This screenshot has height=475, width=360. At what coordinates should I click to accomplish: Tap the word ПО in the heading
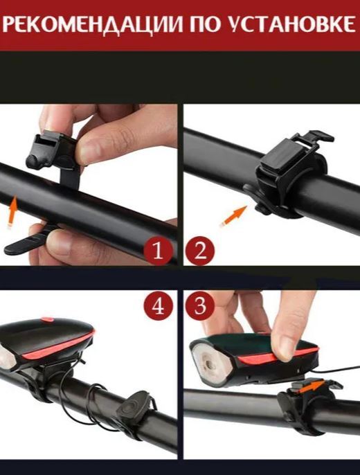click(205, 24)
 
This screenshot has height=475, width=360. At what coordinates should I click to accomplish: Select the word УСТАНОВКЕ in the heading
click(291, 24)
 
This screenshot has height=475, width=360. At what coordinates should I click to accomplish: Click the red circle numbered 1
click(158, 251)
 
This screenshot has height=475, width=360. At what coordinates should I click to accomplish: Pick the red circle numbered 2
click(200, 251)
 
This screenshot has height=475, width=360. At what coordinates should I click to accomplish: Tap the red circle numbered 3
click(200, 306)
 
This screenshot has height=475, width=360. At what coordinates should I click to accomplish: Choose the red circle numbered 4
click(158, 306)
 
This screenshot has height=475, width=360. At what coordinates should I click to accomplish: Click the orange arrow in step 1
click(12, 212)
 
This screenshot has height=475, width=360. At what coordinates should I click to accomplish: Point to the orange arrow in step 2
click(233, 216)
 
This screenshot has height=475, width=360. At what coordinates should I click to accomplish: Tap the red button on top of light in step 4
click(48, 320)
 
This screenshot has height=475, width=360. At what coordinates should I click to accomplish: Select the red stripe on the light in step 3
click(278, 355)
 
